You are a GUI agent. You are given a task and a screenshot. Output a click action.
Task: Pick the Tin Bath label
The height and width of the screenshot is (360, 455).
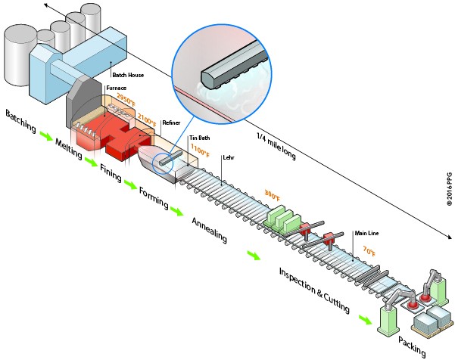click(199, 138)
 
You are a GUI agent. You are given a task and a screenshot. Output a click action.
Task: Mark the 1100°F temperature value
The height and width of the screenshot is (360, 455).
click(201, 150)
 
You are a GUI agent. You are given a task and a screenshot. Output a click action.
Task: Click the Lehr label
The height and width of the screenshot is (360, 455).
click(228, 158)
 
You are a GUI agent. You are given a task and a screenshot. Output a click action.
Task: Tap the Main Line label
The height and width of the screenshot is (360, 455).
click(366, 232)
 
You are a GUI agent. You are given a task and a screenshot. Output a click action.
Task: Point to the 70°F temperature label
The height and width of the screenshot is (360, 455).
click(369, 250)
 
